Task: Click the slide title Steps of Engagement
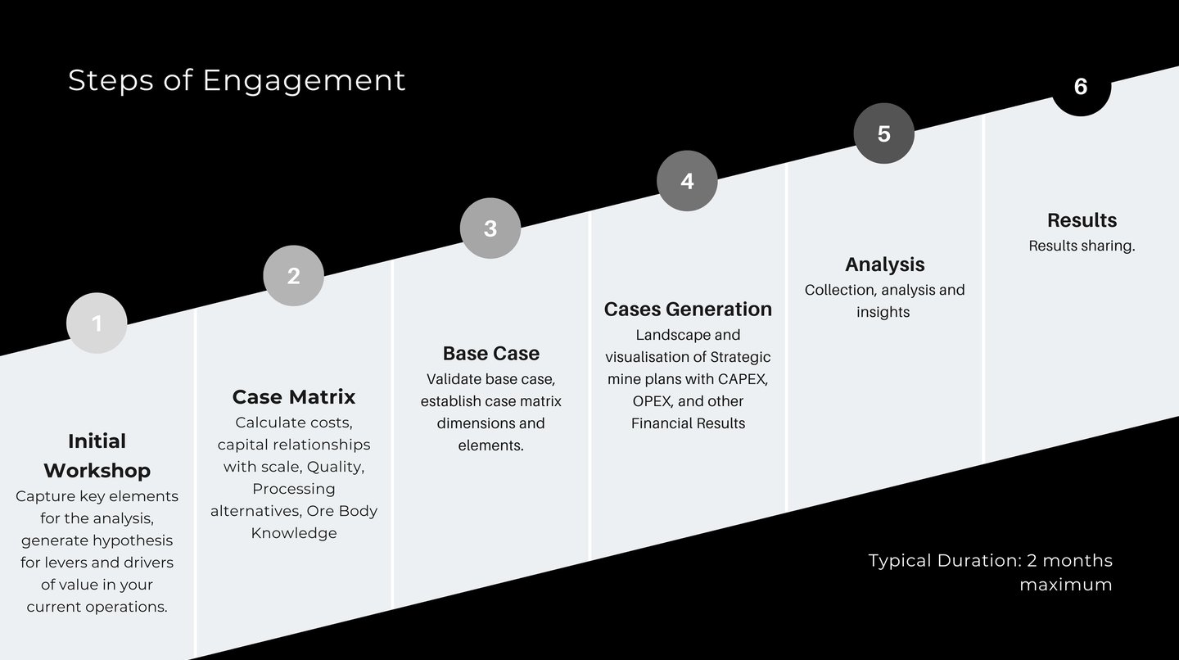[237, 80]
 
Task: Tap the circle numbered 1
[97, 323]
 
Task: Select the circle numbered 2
[293, 276]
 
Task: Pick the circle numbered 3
[490, 228]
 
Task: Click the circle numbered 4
[687, 181]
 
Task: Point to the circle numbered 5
[883, 133]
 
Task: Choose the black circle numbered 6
[1081, 87]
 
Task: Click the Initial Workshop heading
[97, 455]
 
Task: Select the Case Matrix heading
[293, 397]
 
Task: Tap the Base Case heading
[490, 353]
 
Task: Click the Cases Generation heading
[688, 309]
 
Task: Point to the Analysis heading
[884, 264]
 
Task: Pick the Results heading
[1082, 220]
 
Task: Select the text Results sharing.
[1082, 246]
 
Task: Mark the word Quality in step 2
[334, 467]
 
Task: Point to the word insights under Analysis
[883, 312]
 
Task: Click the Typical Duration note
[990, 572]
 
